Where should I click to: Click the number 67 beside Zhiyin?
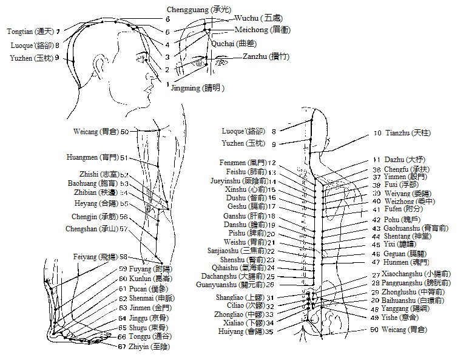122,347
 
